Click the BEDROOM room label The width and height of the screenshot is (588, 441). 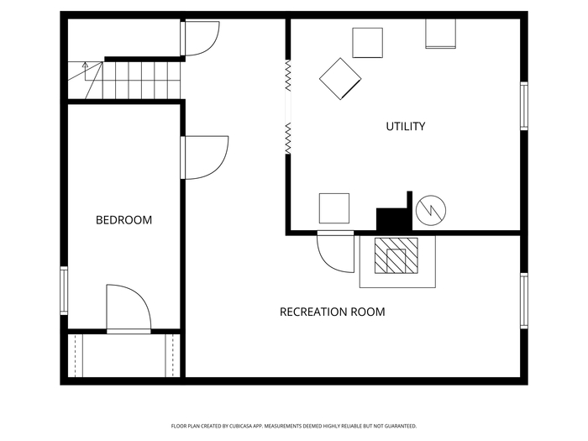tap(123, 220)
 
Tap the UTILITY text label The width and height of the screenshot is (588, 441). tap(406, 126)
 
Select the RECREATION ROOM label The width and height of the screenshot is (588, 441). tap(333, 312)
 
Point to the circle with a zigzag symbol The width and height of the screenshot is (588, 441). tap(431, 210)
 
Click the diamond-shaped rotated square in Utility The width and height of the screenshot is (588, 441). tap(340, 79)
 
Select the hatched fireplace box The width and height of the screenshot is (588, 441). tap(396, 255)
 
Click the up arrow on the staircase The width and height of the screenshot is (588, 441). tap(85, 71)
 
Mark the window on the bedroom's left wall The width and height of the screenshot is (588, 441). tap(64, 291)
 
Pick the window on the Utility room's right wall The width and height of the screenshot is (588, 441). tap(524, 106)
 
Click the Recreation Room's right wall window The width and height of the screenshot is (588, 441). tap(524, 301)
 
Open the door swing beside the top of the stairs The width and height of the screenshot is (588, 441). tap(200, 39)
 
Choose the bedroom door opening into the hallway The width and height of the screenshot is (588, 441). tap(204, 158)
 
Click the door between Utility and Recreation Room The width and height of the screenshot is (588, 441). tap(335, 252)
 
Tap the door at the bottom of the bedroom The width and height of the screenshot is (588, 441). tap(129, 309)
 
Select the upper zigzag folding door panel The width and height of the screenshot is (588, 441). tap(288, 76)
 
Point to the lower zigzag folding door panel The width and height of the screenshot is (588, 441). tap(288, 138)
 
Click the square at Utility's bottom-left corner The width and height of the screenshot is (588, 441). tap(334, 208)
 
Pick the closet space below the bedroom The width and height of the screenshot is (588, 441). tap(124, 355)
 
